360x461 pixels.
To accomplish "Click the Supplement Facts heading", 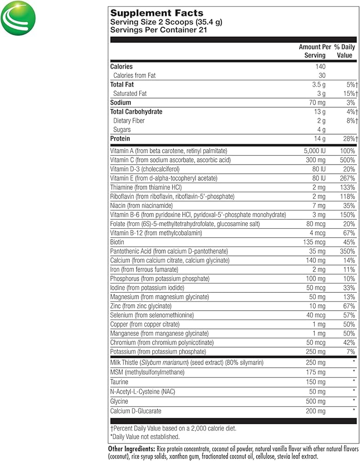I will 157,13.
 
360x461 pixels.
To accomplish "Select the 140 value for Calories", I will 319,66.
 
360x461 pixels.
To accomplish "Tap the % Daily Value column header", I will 343,51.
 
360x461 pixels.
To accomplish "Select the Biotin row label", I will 118,242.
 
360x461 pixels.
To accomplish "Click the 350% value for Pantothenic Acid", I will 347,251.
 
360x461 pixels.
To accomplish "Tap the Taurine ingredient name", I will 119,382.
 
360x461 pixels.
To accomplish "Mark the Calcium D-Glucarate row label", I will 136,411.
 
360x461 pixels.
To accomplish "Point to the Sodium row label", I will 121,102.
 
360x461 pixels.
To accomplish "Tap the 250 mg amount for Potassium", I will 315,352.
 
